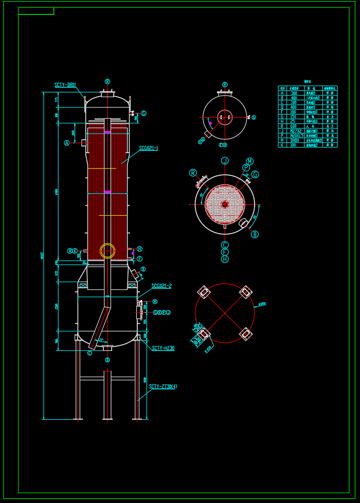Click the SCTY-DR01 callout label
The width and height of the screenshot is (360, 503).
[x=65, y=85]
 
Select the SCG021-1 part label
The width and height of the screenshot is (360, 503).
[x=149, y=148]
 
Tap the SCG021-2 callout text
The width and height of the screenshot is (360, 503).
[x=161, y=286]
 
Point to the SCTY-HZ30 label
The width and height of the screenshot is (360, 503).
[x=163, y=348]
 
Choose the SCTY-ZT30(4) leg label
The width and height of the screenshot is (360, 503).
[x=163, y=386]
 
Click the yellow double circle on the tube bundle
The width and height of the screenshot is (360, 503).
[x=107, y=251]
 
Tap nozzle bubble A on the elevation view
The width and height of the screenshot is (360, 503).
[x=67, y=143]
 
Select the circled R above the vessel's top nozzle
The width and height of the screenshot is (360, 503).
[x=107, y=81]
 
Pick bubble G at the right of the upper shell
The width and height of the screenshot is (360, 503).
[x=143, y=114]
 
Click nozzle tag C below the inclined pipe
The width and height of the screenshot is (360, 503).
[x=89, y=353]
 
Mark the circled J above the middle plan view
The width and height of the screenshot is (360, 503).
[x=225, y=161]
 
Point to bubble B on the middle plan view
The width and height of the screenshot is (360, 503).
[x=255, y=234]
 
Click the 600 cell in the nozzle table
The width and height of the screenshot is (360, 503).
[x=294, y=126]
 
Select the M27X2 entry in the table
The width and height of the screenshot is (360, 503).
[x=294, y=131]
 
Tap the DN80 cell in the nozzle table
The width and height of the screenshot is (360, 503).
[x=294, y=140]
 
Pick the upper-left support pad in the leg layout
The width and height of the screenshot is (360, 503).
[x=204, y=292]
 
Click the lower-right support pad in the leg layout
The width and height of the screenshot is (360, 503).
[x=246, y=334]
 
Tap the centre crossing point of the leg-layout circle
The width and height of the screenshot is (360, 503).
[x=225, y=313]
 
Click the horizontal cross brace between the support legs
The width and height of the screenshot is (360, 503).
[x=107, y=379]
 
